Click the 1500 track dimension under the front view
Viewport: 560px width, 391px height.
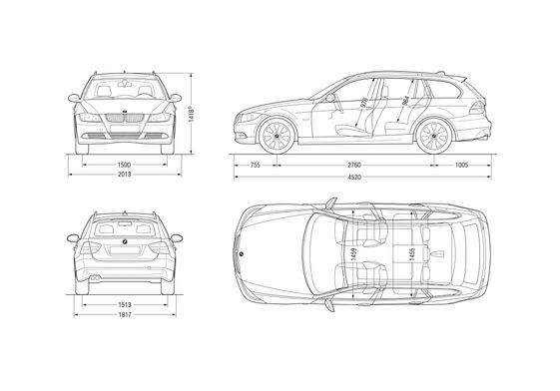(x=124, y=164)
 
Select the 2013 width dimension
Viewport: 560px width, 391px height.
(x=124, y=175)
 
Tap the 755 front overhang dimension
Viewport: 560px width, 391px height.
(x=256, y=164)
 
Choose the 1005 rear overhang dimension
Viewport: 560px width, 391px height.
(x=461, y=164)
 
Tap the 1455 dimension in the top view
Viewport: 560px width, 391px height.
(x=411, y=255)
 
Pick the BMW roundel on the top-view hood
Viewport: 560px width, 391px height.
(x=240, y=257)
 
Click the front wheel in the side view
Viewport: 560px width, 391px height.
(x=276, y=138)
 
